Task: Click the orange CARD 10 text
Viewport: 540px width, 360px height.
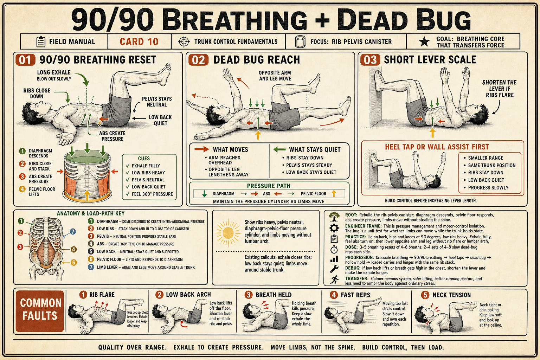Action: click(x=139, y=42)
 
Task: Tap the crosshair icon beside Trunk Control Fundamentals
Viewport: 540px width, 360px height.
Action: click(x=184, y=41)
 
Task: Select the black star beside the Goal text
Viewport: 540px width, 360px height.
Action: click(x=424, y=41)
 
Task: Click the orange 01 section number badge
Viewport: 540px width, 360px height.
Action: click(x=25, y=60)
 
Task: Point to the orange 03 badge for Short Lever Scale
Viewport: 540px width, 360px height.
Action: click(x=370, y=60)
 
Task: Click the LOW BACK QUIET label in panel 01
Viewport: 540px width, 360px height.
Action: click(x=160, y=120)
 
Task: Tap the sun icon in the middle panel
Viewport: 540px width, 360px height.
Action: click(x=228, y=233)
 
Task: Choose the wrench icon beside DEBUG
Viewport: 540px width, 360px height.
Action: click(x=334, y=269)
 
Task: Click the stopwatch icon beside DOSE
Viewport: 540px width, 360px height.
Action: click(x=334, y=249)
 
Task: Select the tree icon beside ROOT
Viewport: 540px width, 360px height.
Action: click(x=334, y=217)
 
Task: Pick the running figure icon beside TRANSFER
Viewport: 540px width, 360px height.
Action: click(x=334, y=280)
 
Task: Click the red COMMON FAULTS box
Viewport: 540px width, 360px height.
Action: click(x=40, y=311)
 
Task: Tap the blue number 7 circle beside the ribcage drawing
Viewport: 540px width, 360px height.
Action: click(x=72, y=232)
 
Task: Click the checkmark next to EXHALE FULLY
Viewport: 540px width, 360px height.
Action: click(x=128, y=166)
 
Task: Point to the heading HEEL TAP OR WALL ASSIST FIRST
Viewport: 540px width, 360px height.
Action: click(x=437, y=147)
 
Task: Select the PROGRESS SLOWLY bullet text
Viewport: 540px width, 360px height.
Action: click(x=488, y=188)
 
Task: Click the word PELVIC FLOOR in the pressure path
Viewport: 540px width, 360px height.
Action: click(x=313, y=194)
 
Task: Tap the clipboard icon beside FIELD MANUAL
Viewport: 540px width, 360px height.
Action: click(x=41, y=41)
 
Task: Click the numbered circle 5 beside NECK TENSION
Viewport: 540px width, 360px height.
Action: click(x=425, y=295)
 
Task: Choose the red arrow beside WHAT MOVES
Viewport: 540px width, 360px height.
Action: click(x=201, y=149)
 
